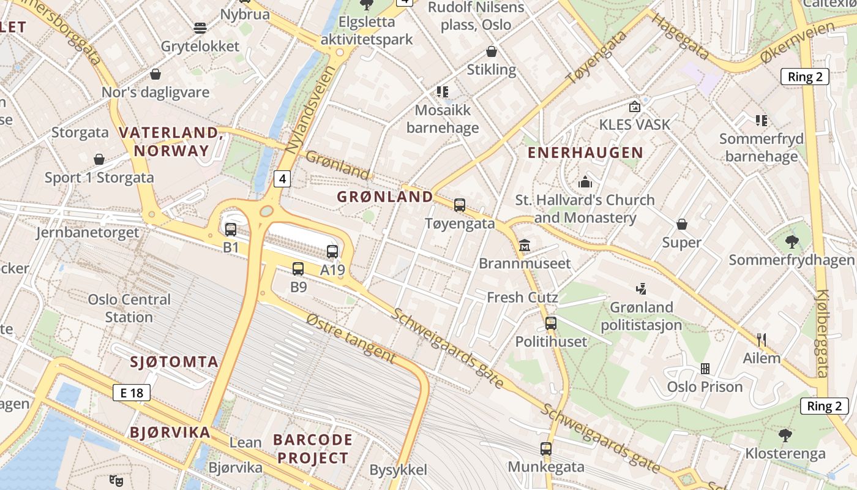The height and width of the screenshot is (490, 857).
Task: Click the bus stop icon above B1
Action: pyautogui.click(x=231, y=230)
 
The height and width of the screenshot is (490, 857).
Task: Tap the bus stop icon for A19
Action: pyautogui.click(x=332, y=252)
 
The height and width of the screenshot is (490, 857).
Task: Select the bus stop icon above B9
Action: pyautogui.click(x=298, y=268)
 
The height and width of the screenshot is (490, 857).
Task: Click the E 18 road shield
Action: pyautogui.click(x=132, y=393)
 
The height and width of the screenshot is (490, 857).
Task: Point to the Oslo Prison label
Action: pyautogui.click(x=705, y=386)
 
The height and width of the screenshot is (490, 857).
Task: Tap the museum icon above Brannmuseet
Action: pyautogui.click(x=525, y=246)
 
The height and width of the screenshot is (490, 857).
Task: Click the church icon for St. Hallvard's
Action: pyautogui.click(x=585, y=182)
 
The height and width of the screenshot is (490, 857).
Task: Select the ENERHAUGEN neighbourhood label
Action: pyautogui.click(x=585, y=153)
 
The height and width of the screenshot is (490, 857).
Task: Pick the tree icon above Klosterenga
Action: pyautogui.click(x=785, y=435)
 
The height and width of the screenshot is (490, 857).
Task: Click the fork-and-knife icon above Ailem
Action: pyautogui.click(x=762, y=340)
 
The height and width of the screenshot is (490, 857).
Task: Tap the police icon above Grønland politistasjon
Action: pyautogui.click(x=641, y=288)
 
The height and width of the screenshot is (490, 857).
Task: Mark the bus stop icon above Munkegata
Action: pyautogui.click(x=546, y=449)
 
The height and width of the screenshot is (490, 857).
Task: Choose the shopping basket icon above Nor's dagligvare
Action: pyautogui.click(x=155, y=75)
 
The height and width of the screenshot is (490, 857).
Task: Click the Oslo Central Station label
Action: pyautogui.click(x=129, y=308)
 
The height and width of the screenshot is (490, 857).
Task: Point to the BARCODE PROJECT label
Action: pyautogui.click(x=312, y=448)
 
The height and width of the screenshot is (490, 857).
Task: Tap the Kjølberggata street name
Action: pyautogui.click(x=822, y=334)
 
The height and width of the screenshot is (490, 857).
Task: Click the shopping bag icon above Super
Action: pyautogui.click(x=682, y=225)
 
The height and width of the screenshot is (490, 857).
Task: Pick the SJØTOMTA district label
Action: pyautogui.click(x=174, y=361)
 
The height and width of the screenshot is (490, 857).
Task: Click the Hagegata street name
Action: pyautogui.click(x=680, y=36)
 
